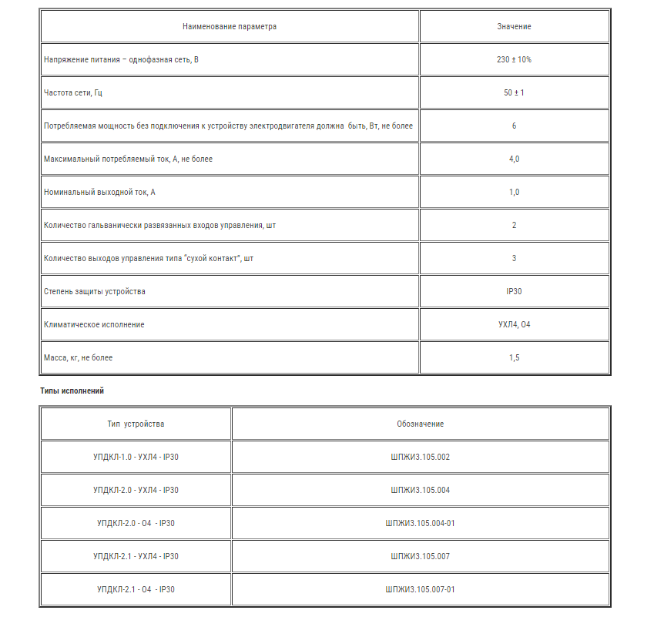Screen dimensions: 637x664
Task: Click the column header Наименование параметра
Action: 229,26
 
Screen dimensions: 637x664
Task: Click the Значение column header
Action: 514,26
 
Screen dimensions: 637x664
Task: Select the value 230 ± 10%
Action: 514,59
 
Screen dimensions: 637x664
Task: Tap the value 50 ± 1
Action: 514,92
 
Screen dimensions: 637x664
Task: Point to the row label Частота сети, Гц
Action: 73,92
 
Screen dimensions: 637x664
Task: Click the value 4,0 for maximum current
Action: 514,159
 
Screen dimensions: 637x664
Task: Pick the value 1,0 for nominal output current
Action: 514,192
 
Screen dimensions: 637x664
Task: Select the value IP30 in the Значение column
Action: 514,291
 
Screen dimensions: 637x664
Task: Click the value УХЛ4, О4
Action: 514,324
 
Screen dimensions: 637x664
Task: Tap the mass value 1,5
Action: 514,357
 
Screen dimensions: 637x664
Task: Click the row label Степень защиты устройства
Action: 95,291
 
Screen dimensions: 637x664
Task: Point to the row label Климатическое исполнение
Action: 94,324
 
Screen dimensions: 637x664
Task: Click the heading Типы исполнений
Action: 72,391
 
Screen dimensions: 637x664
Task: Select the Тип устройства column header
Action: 136,424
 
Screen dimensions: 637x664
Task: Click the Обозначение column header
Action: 420,424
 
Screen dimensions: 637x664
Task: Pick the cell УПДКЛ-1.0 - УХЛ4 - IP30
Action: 136,457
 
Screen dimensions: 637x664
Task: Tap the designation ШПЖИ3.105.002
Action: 420,457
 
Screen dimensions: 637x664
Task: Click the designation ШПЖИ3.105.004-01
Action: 420,523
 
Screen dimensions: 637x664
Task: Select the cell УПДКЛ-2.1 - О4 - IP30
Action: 136,589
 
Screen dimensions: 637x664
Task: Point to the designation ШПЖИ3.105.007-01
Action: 420,589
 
